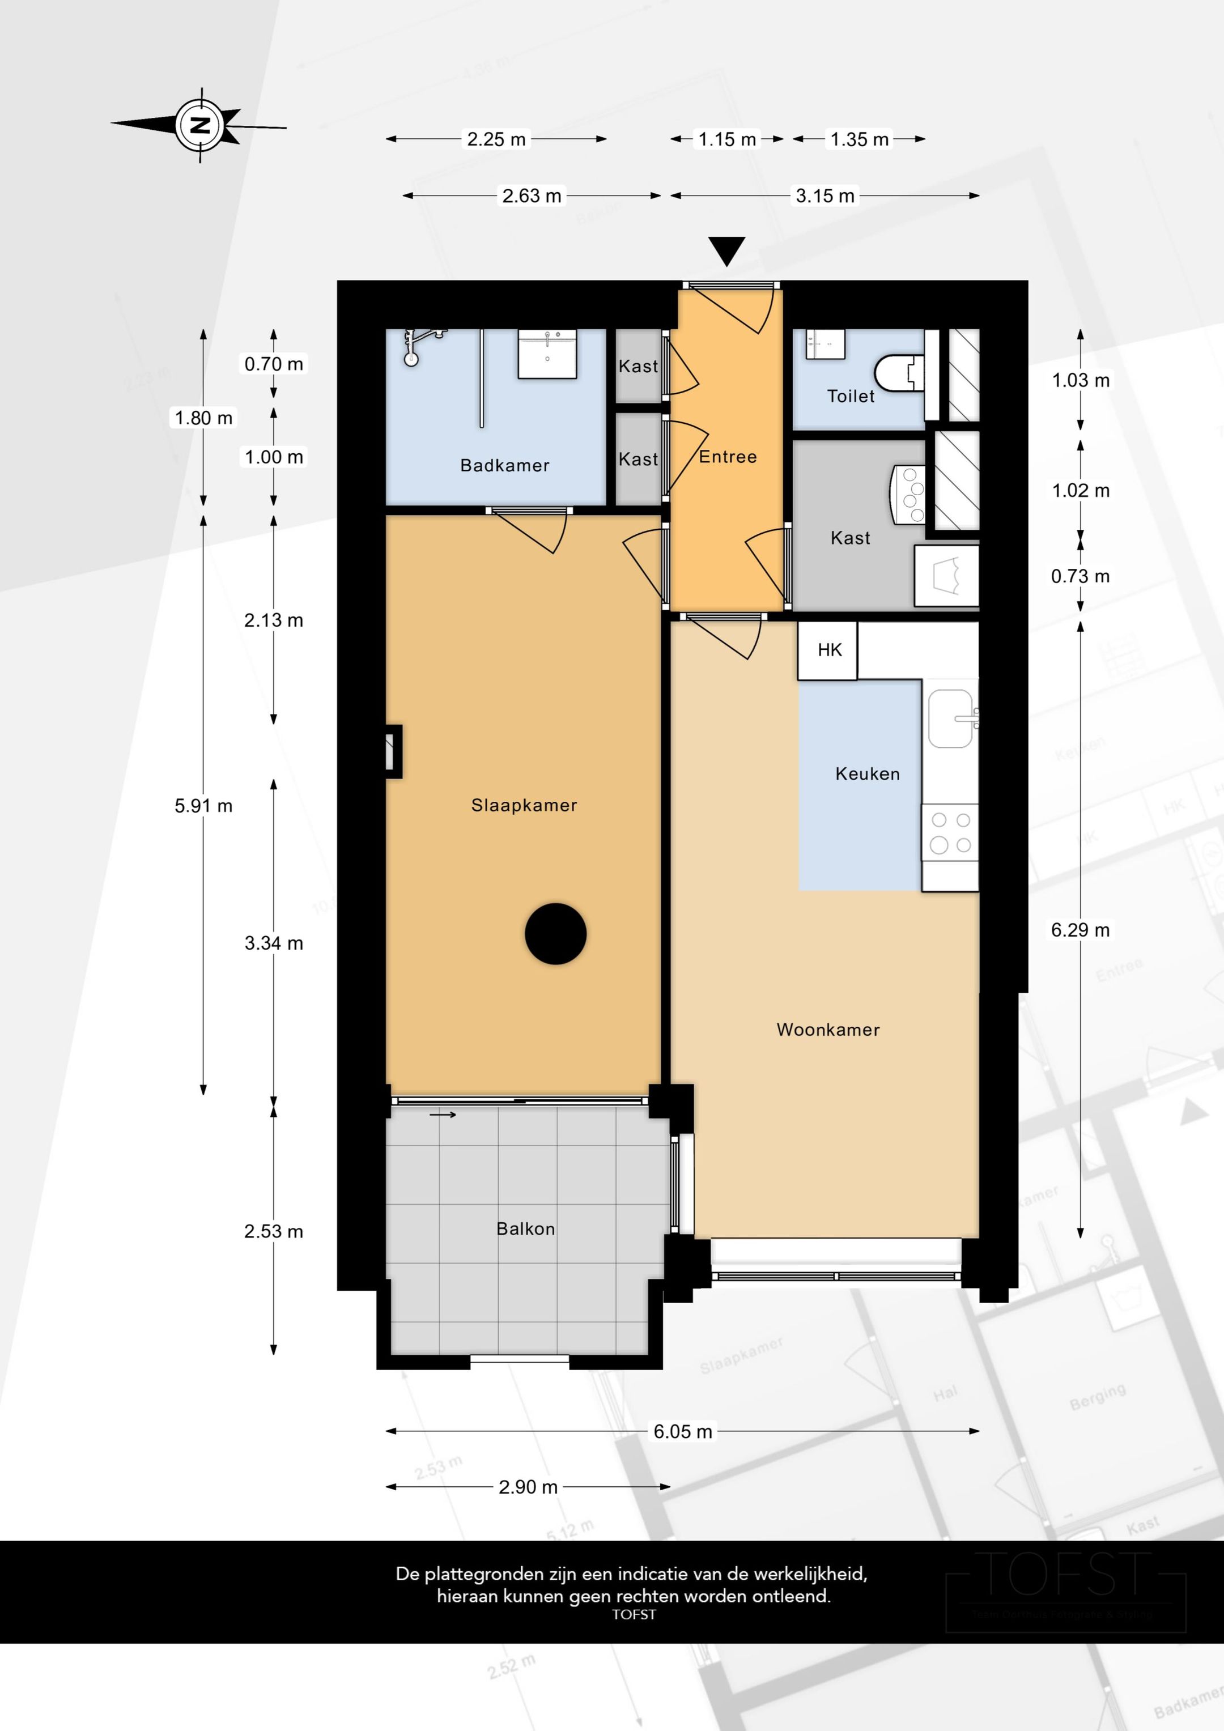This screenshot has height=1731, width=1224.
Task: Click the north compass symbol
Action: [200, 125]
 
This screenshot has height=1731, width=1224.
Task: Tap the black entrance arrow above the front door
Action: [726, 249]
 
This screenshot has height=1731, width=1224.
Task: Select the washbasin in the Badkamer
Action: [547, 354]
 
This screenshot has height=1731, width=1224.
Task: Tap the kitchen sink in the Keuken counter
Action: [950, 718]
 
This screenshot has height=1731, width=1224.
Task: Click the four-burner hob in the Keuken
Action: [950, 833]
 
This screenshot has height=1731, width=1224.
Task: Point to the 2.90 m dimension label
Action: [528, 1487]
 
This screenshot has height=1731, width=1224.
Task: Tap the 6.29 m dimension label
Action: [1080, 930]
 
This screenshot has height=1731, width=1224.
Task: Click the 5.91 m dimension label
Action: [203, 806]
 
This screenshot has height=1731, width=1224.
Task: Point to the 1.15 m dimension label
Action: [727, 139]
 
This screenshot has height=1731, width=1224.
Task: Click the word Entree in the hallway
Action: [728, 457]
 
